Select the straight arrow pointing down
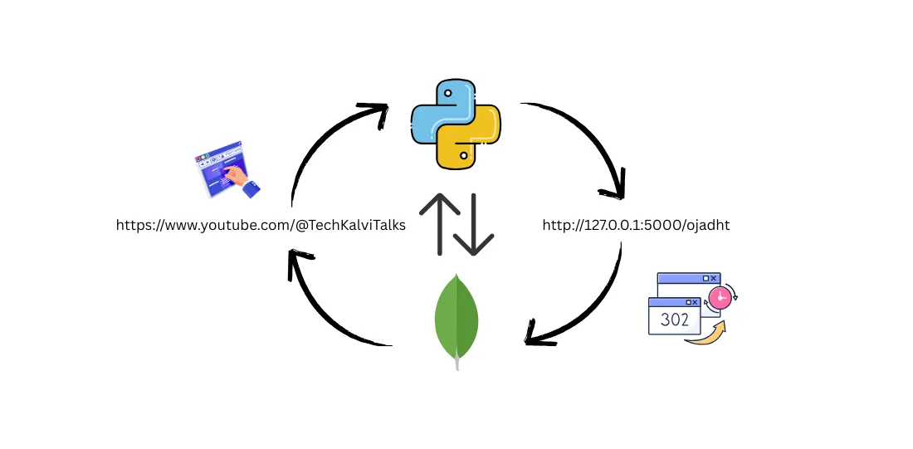coord(476,224)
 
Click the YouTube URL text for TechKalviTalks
coord(261,225)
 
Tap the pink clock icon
coord(720,296)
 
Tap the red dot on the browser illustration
coord(200,157)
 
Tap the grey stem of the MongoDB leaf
coord(456,362)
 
